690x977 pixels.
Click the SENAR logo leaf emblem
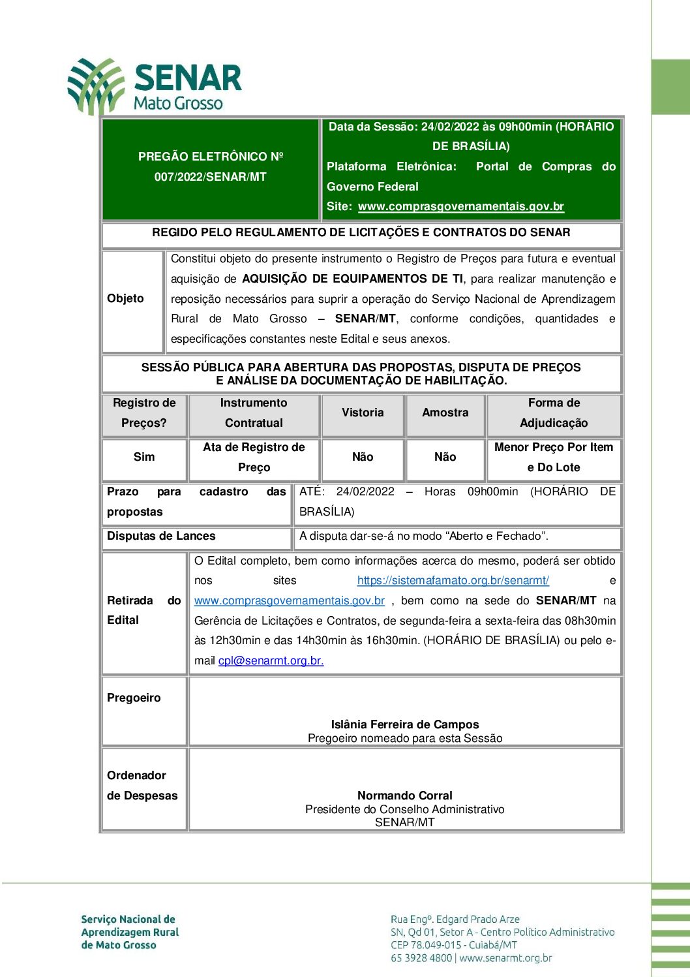click(96, 85)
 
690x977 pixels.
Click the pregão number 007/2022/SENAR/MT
click(210, 177)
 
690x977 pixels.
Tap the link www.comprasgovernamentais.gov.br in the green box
click(460, 206)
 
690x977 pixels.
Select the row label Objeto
click(125, 298)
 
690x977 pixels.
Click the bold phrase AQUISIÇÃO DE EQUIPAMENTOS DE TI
click(353, 279)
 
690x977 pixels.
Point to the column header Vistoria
click(363, 412)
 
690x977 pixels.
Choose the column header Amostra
click(445, 412)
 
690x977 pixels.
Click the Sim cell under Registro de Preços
click(144, 457)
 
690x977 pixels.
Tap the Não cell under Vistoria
click(363, 457)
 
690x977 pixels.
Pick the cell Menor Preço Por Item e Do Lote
click(554, 457)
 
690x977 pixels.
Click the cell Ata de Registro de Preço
click(254, 457)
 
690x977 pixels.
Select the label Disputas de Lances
click(161, 536)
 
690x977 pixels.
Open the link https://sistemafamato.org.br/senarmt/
click(453, 580)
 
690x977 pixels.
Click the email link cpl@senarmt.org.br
click(271, 660)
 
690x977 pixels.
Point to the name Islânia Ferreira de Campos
click(404, 724)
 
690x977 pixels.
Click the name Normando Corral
click(404, 796)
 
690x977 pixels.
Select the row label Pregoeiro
click(134, 698)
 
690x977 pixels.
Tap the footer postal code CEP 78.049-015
click(427, 945)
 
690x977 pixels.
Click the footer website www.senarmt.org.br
click(505, 958)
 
